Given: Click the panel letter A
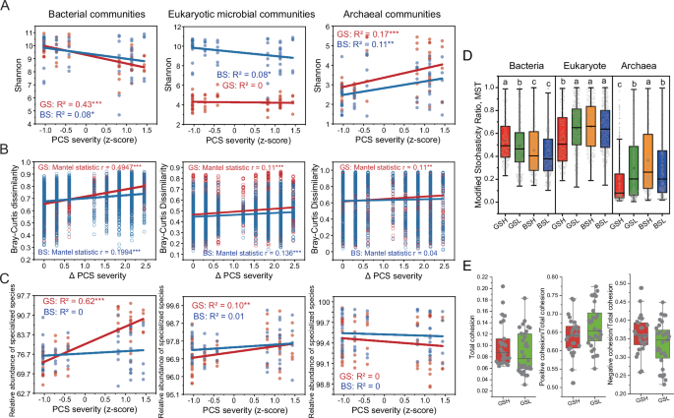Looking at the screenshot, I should click(x=7, y=9).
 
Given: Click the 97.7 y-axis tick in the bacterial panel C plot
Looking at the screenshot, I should click(x=27, y=295).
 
